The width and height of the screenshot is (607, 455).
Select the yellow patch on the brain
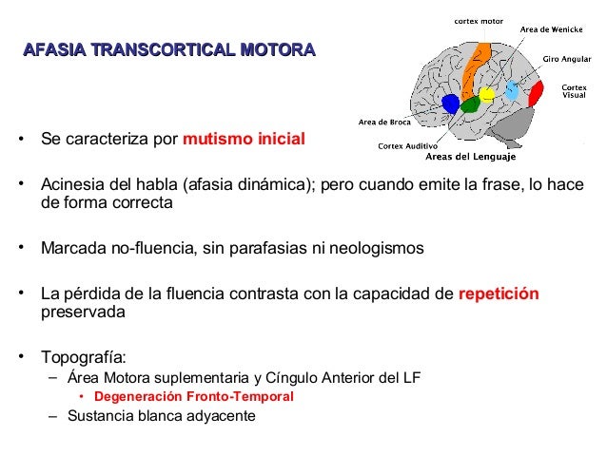coord(487,94)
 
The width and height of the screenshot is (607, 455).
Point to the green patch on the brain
coord(469,104)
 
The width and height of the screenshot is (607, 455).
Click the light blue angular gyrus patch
coord(512,90)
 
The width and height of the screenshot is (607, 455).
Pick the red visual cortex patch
coord(536,93)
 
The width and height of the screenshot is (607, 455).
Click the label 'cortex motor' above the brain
coord(479,20)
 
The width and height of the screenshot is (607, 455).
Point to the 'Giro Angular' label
coord(567,59)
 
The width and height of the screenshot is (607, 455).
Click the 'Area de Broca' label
coord(384,121)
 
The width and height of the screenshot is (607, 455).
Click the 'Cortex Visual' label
coord(574,92)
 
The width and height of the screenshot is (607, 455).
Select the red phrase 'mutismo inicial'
coord(244,140)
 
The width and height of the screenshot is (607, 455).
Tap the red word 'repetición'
coord(499,294)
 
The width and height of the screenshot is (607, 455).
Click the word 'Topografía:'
coord(83,358)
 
